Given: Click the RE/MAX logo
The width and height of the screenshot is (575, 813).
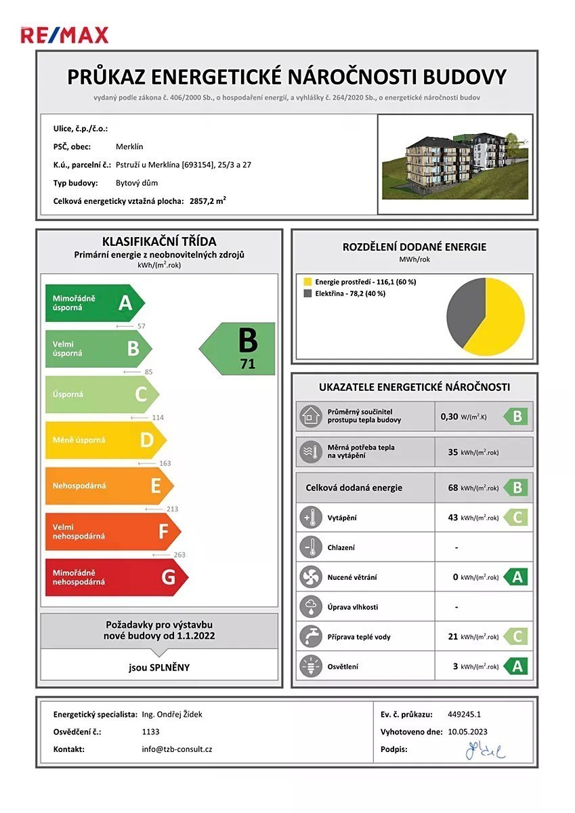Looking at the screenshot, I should (x=64, y=35).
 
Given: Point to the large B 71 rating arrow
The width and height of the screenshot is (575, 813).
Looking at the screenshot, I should (x=239, y=348).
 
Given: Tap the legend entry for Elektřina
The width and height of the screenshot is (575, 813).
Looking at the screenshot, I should (x=345, y=293).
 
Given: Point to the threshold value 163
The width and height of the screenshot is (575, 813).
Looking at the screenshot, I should (x=164, y=463).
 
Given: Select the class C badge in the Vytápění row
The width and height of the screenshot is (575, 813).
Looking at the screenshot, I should (x=516, y=518).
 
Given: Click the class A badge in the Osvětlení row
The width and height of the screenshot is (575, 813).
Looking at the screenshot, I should (x=516, y=667).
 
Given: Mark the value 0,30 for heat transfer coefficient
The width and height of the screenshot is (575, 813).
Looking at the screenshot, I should (x=449, y=417).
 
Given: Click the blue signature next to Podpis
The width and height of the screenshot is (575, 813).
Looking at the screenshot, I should (x=485, y=750).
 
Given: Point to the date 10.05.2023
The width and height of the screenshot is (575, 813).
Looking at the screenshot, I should (x=467, y=732).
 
